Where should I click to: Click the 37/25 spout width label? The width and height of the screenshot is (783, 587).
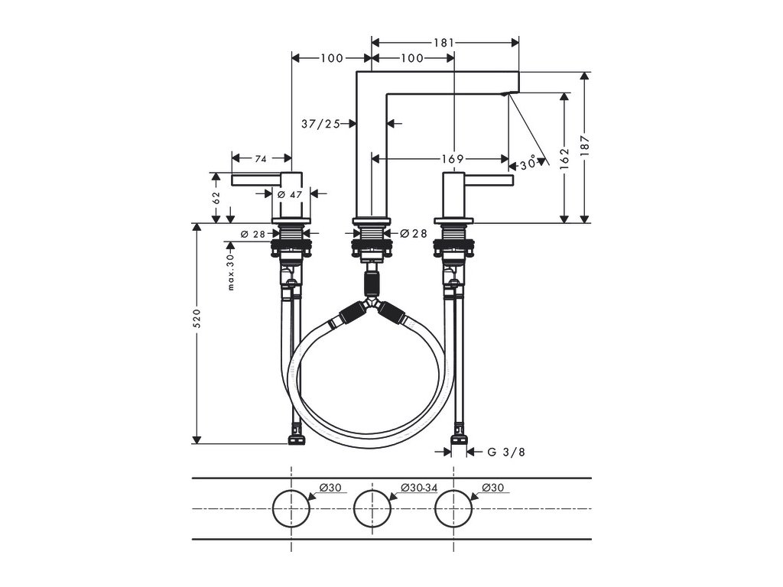point(320,123)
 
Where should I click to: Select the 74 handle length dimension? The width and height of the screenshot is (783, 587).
point(261,159)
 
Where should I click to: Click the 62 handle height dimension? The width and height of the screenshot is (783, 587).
point(216,196)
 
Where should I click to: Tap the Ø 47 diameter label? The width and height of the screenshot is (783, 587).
point(291,195)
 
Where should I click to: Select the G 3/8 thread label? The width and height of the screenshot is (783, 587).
point(505,452)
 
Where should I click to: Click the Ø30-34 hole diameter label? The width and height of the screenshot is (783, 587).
point(419,488)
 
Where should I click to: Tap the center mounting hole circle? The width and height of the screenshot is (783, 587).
point(372,508)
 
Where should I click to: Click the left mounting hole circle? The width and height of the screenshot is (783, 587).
point(291,508)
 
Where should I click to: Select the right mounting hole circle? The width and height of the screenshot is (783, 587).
point(453,508)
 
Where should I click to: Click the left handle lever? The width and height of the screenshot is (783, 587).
point(256,180)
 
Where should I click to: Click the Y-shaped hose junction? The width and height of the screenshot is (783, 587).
point(372,306)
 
